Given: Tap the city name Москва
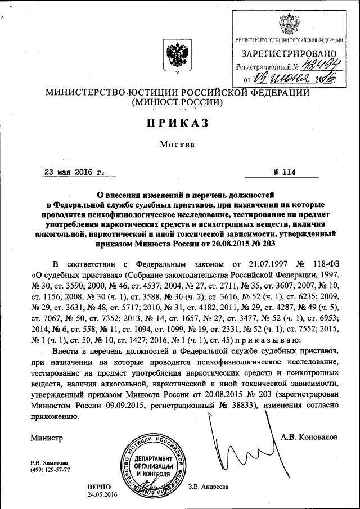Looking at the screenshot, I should point(177,145).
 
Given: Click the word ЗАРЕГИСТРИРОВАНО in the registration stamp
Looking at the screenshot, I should point(288,55).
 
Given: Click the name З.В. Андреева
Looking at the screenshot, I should point(209,487).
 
